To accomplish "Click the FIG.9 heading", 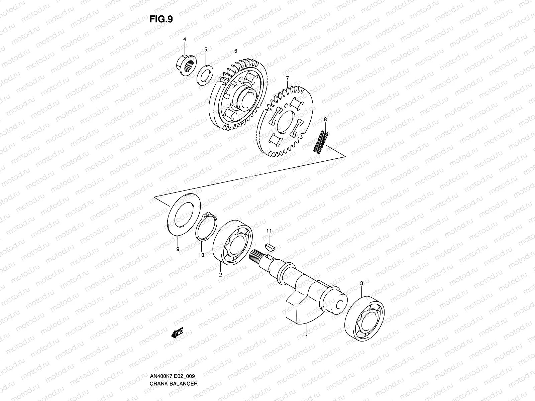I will (x=161, y=19).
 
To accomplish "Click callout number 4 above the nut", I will (x=184, y=39).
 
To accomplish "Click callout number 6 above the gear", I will (x=236, y=51).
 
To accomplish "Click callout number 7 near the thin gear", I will (x=287, y=78).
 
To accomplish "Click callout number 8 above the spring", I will (x=325, y=119).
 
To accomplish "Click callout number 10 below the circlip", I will (x=201, y=255).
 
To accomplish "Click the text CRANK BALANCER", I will (x=174, y=365).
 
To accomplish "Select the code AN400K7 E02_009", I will (x=172, y=357).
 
